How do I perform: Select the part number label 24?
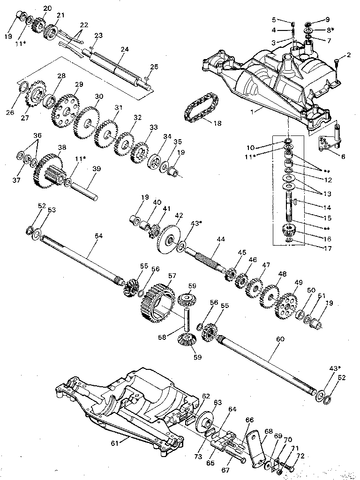(x=124, y=48)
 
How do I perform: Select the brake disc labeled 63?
(x=205, y=418)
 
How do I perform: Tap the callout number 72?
(x=300, y=456)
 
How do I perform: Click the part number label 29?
(x=79, y=84)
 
